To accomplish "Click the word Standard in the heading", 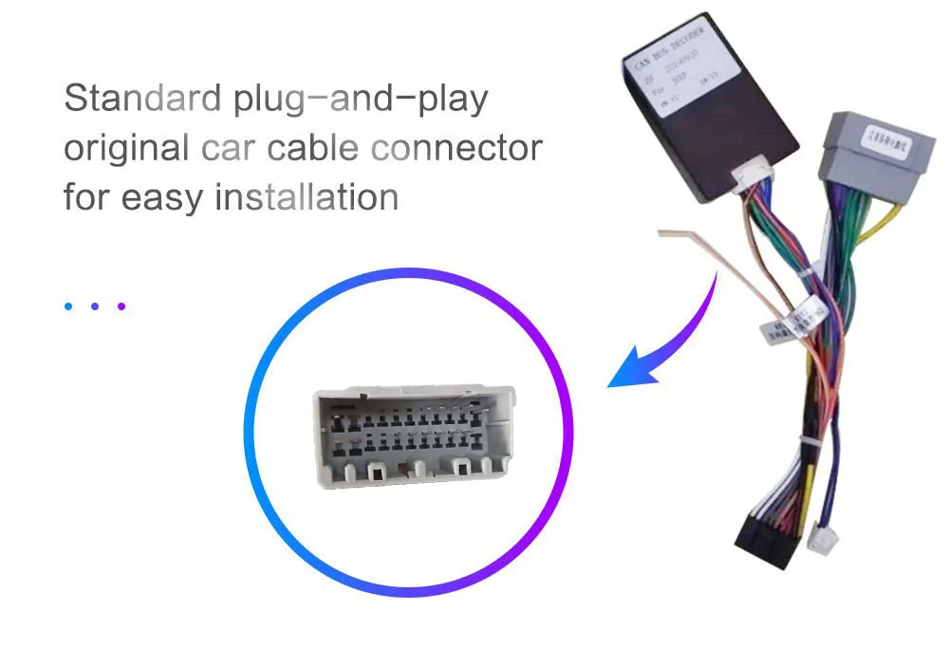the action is pyautogui.click(x=142, y=99).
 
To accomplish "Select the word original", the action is pyautogui.click(x=126, y=149).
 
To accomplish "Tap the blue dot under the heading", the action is pyautogui.click(x=68, y=306).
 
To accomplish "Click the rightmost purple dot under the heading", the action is pyautogui.click(x=121, y=306).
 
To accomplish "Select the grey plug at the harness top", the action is pyautogui.click(x=865, y=157).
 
